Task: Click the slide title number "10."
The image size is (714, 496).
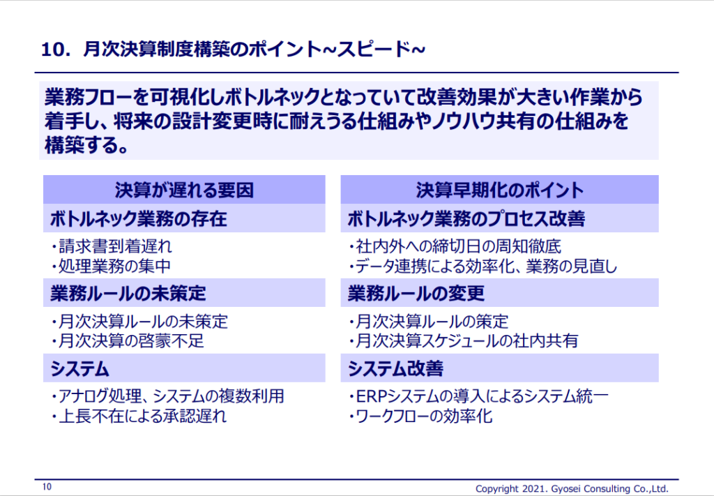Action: (56, 50)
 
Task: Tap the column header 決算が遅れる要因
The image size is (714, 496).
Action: (184, 190)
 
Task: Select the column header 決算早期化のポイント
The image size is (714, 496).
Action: (499, 190)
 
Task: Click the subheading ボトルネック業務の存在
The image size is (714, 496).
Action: (139, 218)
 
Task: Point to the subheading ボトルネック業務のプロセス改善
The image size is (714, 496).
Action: (466, 218)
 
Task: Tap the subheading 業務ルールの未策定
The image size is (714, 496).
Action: (128, 293)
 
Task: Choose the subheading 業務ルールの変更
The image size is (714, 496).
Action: (416, 293)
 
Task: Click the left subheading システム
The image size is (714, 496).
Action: (79, 368)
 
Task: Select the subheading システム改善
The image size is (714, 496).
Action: (396, 368)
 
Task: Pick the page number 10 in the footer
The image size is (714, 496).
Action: (47, 487)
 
